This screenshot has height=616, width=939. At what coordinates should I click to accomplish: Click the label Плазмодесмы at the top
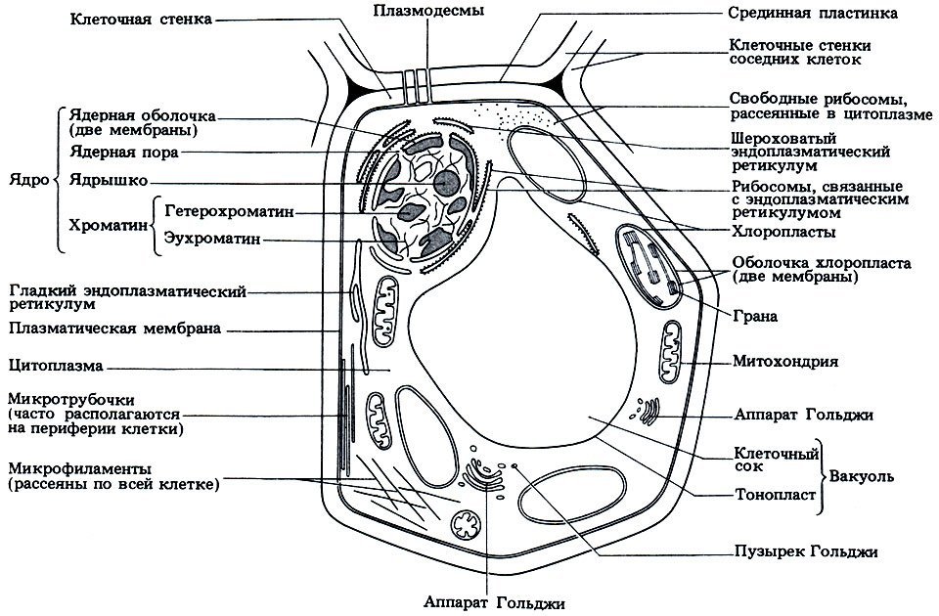(x=425, y=11)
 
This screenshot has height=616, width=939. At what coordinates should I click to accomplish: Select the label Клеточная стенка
(x=139, y=19)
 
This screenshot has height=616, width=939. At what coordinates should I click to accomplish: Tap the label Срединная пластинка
(x=799, y=15)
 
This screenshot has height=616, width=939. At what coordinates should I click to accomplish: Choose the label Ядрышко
(x=109, y=181)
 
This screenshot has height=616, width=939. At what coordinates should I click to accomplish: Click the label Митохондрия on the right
(x=785, y=361)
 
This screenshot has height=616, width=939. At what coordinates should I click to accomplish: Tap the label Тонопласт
(x=774, y=495)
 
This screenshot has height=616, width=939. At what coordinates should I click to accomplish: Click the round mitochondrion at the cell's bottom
(x=466, y=528)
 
